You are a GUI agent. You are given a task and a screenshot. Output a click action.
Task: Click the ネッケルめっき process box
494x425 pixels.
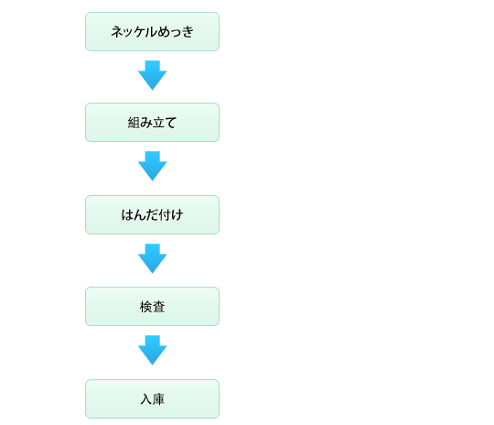click(x=152, y=31)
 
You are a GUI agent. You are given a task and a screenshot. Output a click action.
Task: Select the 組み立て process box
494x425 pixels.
click(x=152, y=122)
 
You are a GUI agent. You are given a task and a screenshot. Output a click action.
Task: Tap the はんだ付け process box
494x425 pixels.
click(x=152, y=214)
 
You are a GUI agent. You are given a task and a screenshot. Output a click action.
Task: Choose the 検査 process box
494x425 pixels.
click(x=152, y=306)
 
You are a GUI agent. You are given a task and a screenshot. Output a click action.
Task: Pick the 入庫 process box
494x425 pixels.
click(x=152, y=398)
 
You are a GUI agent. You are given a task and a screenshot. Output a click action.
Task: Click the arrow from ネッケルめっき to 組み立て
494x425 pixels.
click(x=153, y=75)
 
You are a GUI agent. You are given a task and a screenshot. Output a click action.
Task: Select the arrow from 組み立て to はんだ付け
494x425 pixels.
click(x=153, y=166)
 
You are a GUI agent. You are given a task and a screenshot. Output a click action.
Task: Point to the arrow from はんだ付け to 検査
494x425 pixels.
click(x=153, y=258)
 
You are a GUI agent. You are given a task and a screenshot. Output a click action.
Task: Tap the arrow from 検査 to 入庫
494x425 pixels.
click(x=153, y=350)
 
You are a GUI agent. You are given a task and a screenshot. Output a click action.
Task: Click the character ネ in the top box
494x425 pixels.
click(x=116, y=32)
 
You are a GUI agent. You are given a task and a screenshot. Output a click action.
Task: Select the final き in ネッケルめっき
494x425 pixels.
click(x=188, y=32)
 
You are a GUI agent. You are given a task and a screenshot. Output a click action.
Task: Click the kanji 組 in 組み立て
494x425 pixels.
click(x=134, y=123)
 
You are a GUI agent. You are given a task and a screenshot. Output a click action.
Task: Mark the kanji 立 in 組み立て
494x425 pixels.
click(x=158, y=123)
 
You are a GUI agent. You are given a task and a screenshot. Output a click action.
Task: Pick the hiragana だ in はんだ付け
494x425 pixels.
click(x=152, y=215)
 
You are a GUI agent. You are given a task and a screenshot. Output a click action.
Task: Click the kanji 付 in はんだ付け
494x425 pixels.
click(x=165, y=215)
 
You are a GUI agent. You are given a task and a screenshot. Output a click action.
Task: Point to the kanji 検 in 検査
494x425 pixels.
click(x=145, y=307)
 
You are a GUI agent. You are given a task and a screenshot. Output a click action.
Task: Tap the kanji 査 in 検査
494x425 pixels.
click(x=158, y=307)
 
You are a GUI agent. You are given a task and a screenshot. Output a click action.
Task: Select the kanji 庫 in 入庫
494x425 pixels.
click(x=158, y=399)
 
